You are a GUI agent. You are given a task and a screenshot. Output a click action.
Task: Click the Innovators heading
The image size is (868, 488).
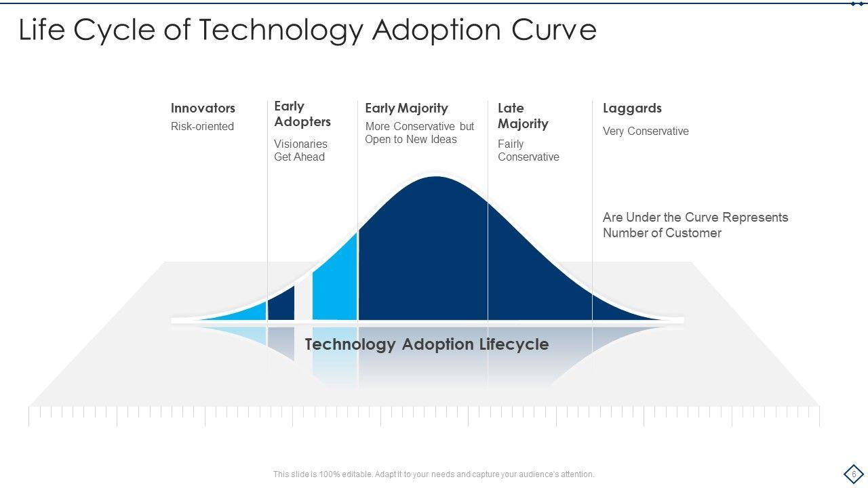(203, 108)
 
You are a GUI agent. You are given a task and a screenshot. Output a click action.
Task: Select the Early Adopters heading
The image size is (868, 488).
(302, 114)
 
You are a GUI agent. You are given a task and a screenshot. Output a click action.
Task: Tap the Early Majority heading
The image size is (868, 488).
(406, 108)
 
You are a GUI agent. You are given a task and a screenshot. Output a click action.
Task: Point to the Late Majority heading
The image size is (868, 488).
(523, 116)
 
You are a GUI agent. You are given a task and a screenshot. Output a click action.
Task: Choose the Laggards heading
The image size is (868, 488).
(632, 108)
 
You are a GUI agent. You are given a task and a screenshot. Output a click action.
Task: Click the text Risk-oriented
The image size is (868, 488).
(202, 126)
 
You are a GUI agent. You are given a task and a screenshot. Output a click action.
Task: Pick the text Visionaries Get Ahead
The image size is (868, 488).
(300, 150)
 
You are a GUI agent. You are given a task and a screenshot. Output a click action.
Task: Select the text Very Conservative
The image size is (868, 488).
(646, 131)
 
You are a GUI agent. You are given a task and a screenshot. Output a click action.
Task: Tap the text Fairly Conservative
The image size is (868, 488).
(528, 150)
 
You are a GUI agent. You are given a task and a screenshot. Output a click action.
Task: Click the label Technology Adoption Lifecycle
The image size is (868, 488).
(427, 344)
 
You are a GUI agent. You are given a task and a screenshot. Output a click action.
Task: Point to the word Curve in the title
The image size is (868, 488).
(554, 30)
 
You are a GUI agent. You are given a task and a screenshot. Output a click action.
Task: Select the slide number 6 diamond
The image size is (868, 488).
(854, 474)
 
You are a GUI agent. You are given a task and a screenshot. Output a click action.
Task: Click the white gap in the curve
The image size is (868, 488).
(303, 298)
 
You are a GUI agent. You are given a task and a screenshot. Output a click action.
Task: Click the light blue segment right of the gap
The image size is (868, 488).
(335, 283)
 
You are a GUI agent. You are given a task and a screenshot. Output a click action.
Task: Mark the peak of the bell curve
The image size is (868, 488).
(436, 177)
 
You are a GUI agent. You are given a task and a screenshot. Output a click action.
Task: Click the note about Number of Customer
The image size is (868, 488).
(695, 225)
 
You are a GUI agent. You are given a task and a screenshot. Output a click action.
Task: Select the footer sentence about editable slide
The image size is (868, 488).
(433, 474)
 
